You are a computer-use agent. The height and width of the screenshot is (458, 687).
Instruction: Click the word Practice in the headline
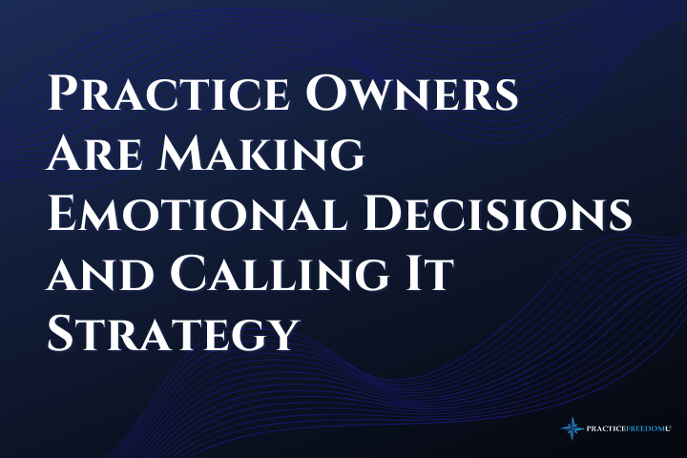coord(168,94)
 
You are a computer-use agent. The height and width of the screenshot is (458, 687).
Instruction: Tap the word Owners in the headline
coord(412,94)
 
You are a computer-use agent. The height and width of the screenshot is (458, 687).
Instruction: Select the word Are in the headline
coord(94,155)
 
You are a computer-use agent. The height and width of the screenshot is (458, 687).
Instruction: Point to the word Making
coord(261,155)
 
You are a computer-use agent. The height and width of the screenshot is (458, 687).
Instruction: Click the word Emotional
coord(198,214)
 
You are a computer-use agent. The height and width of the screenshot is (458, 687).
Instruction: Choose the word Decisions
coord(497,214)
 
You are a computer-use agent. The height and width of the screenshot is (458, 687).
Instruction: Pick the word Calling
coord(280,275)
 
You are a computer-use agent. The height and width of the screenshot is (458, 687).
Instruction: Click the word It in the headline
coord(429,274)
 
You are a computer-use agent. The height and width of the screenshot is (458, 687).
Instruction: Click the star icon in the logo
coord(572,428)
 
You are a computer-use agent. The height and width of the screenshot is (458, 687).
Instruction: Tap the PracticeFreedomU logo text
coord(629,428)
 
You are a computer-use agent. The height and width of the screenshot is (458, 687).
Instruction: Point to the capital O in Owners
coord(324,94)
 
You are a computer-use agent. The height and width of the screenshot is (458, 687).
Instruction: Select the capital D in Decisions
coord(382,214)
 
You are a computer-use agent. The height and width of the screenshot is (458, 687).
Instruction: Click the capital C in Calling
coord(187,274)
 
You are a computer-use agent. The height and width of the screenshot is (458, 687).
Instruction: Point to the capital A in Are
coord(65,154)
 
